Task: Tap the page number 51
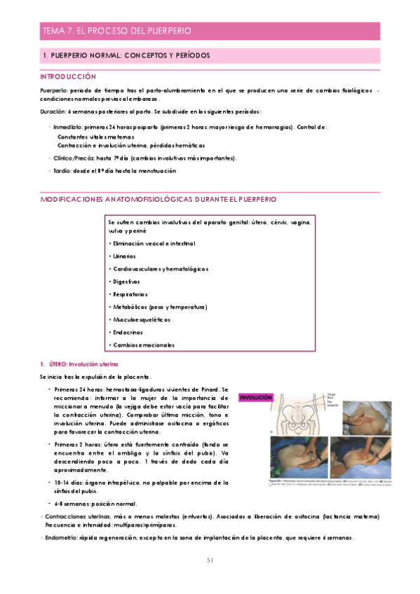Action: tap(210, 560)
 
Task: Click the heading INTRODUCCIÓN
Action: tap(68, 76)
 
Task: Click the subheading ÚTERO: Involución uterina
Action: tap(83, 364)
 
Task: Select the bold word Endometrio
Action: tap(62, 537)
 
